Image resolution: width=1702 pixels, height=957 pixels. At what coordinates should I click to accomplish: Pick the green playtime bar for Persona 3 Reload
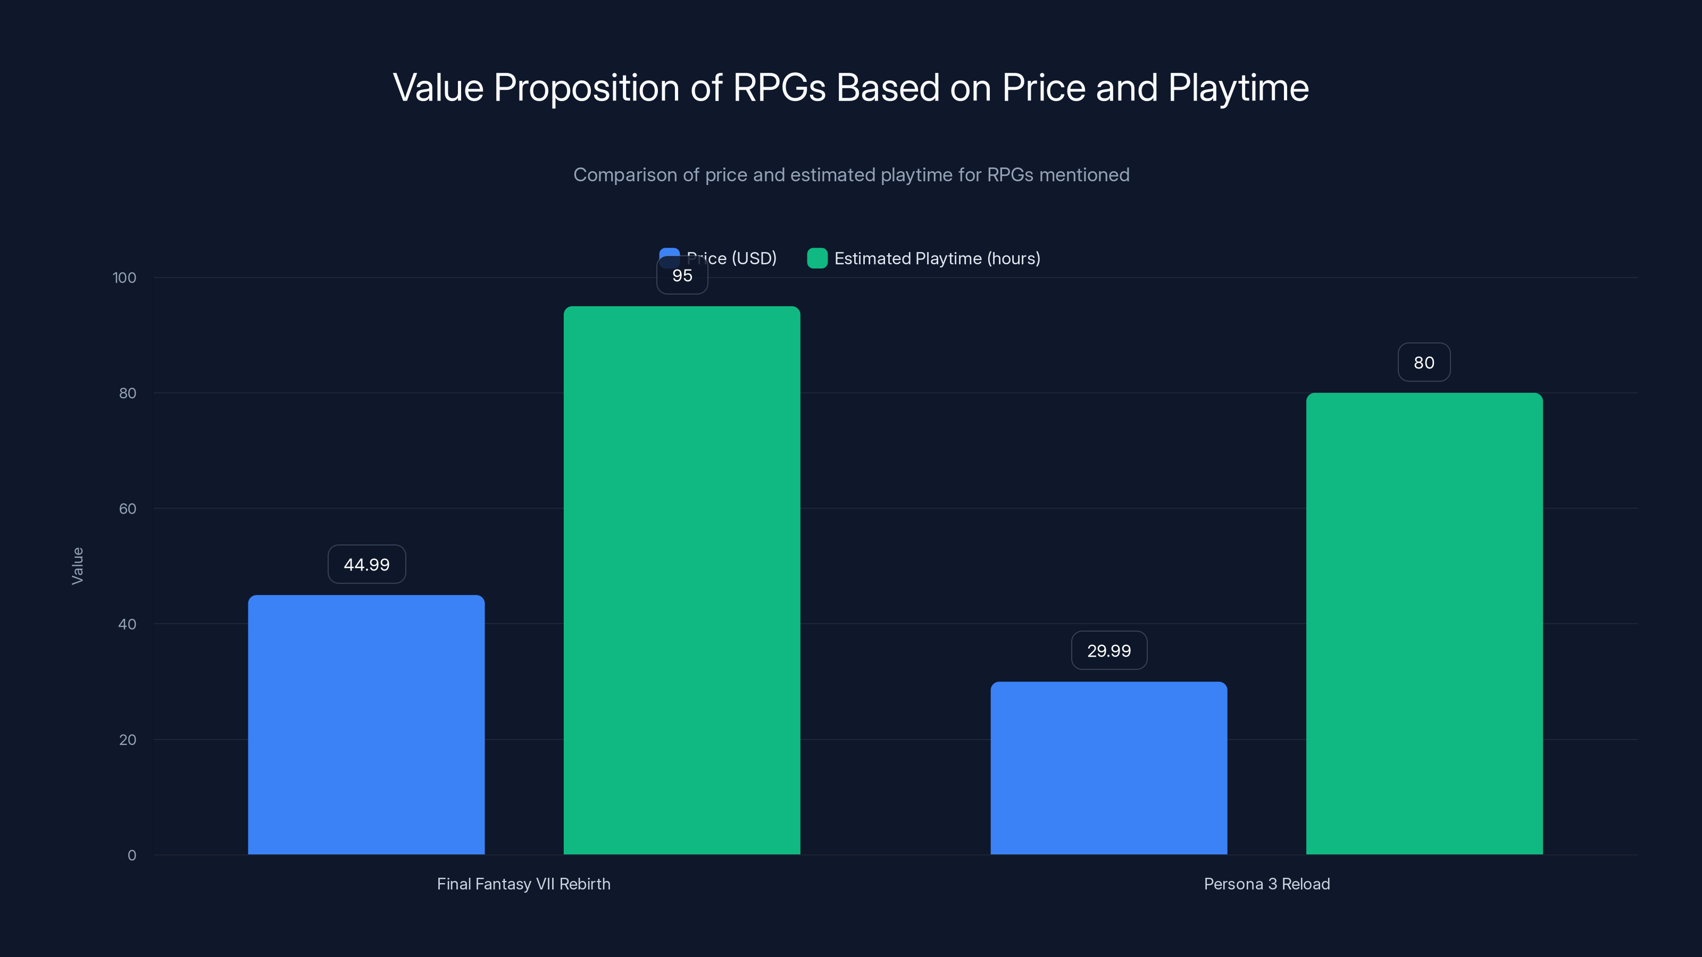click(1424, 624)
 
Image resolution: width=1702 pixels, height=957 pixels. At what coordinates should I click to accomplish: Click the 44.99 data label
click(366, 564)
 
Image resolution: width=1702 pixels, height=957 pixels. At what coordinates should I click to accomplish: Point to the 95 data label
click(682, 276)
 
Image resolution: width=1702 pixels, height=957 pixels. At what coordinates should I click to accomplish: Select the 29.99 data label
click(1108, 651)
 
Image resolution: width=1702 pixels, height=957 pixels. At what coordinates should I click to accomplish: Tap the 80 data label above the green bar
click(1424, 363)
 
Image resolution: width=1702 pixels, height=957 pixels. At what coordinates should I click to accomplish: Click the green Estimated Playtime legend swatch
click(817, 258)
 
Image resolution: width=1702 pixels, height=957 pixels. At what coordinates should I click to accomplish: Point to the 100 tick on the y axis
click(124, 278)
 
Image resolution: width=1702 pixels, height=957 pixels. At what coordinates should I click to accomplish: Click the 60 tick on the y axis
click(128, 509)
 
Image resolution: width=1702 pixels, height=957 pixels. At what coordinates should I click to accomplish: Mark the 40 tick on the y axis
click(128, 624)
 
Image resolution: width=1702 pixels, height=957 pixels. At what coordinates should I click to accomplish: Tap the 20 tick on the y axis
click(128, 740)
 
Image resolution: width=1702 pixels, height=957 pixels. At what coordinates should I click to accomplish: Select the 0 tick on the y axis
click(131, 855)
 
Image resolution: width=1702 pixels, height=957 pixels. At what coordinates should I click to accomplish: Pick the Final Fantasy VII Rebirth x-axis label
click(523, 884)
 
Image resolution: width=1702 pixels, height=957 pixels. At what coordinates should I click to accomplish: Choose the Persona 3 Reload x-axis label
click(1266, 884)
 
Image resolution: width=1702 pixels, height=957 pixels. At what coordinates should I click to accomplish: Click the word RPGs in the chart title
click(779, 88)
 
